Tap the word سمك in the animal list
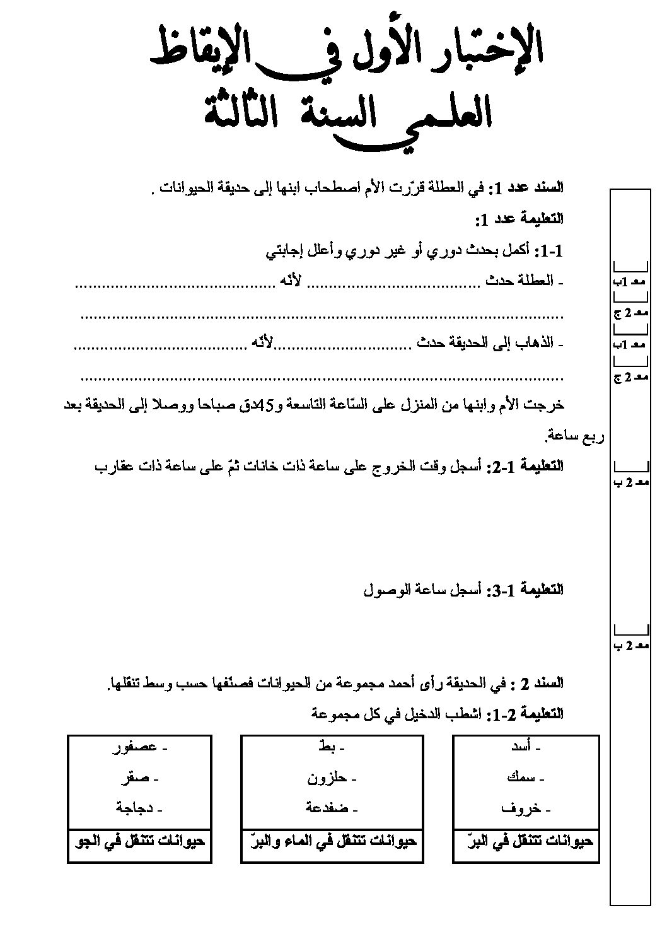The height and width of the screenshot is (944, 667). [x=520, y=778]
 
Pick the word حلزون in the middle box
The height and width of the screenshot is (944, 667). [x=326, y=778]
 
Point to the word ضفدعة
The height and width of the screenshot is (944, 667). [x=325, y=808]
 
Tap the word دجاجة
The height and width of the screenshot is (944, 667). [x=133, y=808]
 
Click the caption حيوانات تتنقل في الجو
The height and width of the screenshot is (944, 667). [x=139, y=841]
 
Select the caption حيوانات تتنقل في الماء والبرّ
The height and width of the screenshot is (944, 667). [x=330, y=841]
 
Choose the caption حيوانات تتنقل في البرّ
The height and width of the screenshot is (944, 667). [x=526, y=841]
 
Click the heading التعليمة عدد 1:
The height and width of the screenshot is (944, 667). [x=519, y=219]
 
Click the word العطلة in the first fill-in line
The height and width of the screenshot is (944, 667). [x=537, y=281]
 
